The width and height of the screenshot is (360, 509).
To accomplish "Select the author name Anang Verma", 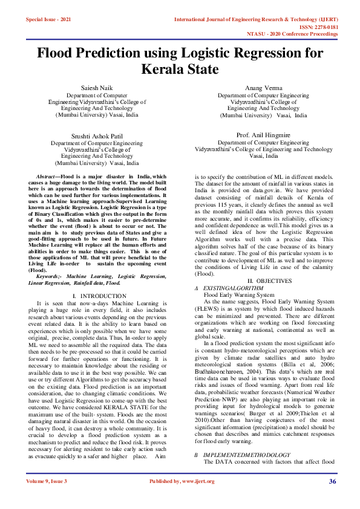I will coord(263,88).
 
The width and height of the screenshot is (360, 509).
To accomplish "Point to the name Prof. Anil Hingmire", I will coord(263,135).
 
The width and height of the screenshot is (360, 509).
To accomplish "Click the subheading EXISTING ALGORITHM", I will coord(232,288).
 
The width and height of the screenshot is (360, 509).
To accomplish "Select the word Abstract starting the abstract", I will coord(48,176).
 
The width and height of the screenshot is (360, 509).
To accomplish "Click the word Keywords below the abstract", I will coord(50,276).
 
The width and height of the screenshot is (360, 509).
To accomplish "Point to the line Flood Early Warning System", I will coord(247,295).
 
